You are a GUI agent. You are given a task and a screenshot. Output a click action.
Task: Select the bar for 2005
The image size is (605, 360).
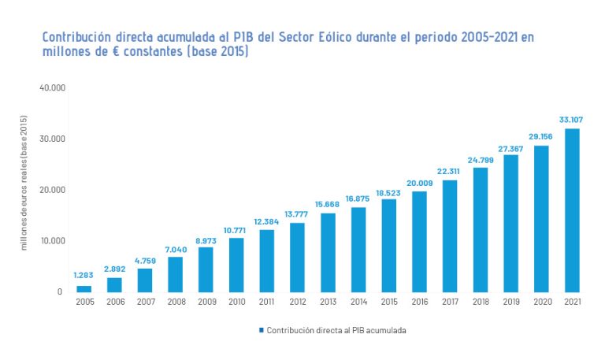tap(84, 288)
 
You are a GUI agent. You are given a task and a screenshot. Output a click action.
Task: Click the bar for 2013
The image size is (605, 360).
tap(328, 253)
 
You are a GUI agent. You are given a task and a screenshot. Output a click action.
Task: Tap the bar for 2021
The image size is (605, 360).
tap(572, 210)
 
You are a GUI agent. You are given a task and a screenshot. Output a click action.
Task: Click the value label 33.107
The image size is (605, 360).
tap(571, 120)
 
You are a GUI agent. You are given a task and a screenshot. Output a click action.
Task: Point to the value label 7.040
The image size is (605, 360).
tap(175, 248)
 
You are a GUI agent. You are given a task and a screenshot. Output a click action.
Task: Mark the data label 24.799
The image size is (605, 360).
tap(481, 159)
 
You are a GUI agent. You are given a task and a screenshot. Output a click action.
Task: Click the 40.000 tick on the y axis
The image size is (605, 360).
tap(51, 87)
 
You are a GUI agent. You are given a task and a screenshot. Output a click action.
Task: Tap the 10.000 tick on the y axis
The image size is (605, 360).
tap(51, 241)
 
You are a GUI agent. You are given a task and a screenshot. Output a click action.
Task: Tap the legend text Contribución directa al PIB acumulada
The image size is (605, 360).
tap(336, 330)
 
